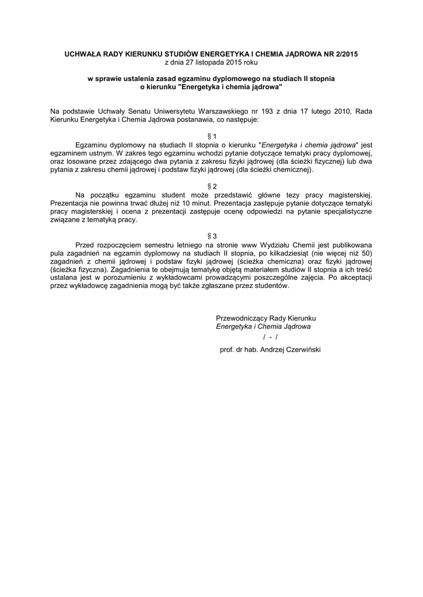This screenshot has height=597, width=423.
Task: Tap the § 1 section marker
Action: click(x=211, y=136)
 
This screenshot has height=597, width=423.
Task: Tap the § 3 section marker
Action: click(x=211, y=236)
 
